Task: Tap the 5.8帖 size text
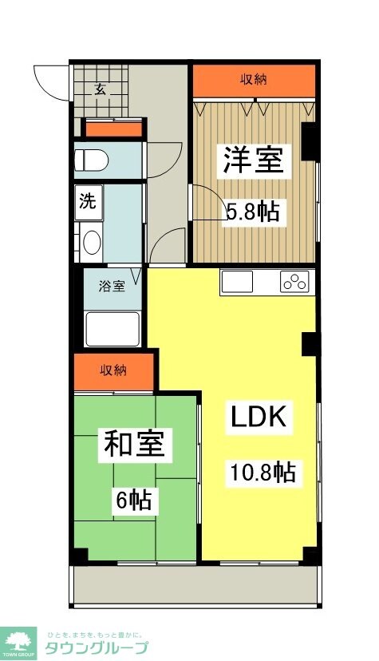coord(253,212)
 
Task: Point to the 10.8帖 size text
coord(263,473)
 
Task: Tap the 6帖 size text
coord(132,501)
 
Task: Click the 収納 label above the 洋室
coord(254,78)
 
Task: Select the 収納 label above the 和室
coord(113,370)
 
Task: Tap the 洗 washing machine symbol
coord(87,200)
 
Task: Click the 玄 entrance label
coord(101,89)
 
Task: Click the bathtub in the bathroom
coord(112,328)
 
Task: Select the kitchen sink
coord(237,282)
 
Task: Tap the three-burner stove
coord(294,282)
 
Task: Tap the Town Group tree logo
coord(21,639)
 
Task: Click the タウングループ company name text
coord(96,647)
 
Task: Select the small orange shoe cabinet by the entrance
coord(114,129)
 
